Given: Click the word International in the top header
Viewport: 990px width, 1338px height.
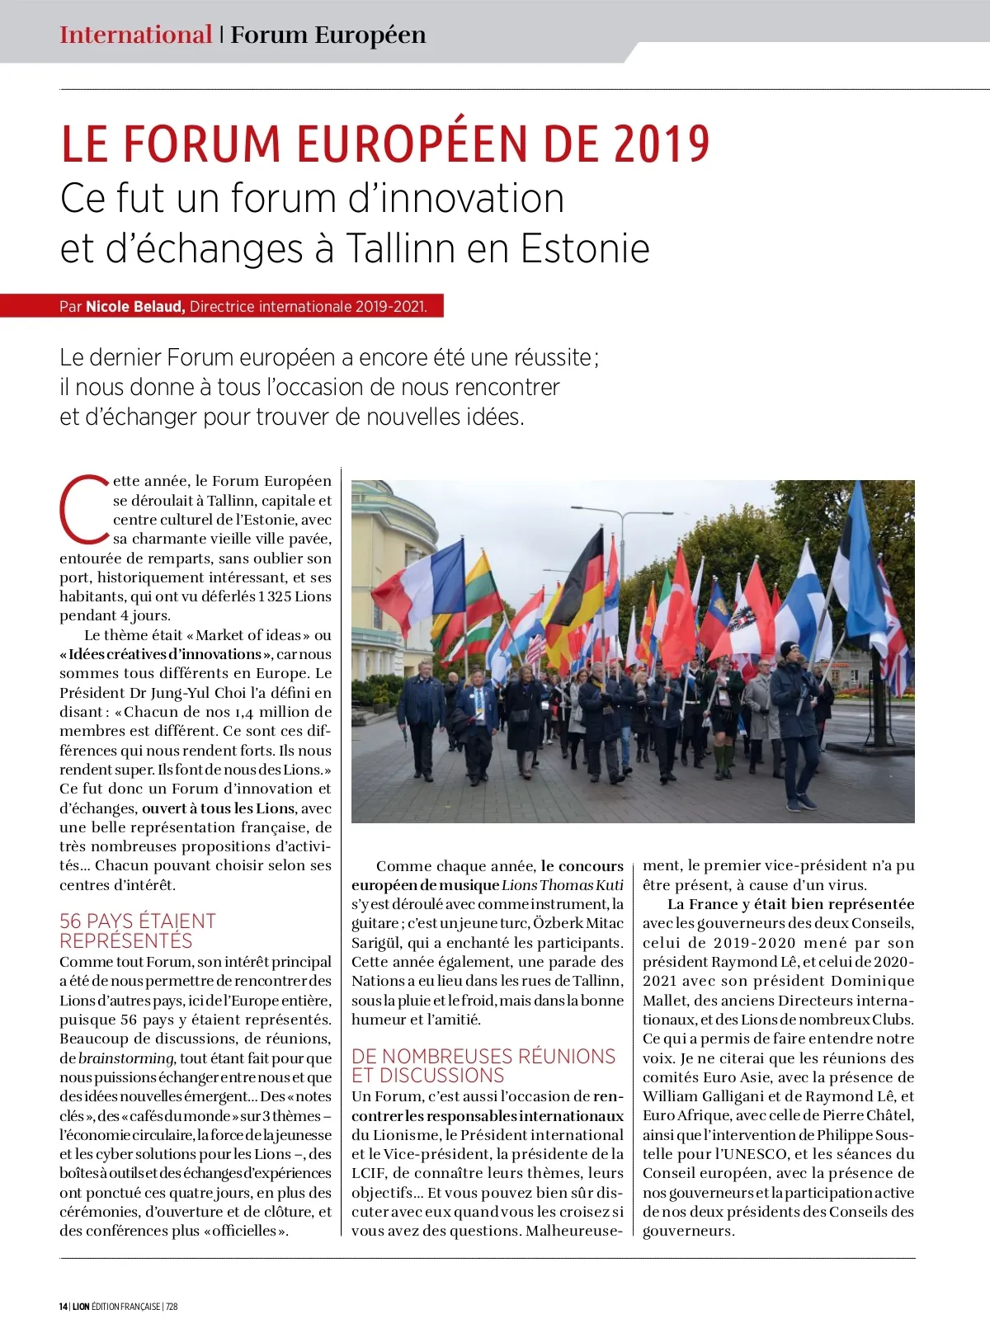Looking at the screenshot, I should (135, 35).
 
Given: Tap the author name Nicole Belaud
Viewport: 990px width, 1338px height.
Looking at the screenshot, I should (134, 307).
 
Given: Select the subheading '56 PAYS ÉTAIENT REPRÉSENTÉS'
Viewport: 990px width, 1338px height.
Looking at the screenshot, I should (138, 930).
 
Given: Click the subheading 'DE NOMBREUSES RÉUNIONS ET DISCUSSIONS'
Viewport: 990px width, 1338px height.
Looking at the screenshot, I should (483, 1066).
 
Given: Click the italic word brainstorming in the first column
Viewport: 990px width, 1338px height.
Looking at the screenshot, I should (126, 1058).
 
